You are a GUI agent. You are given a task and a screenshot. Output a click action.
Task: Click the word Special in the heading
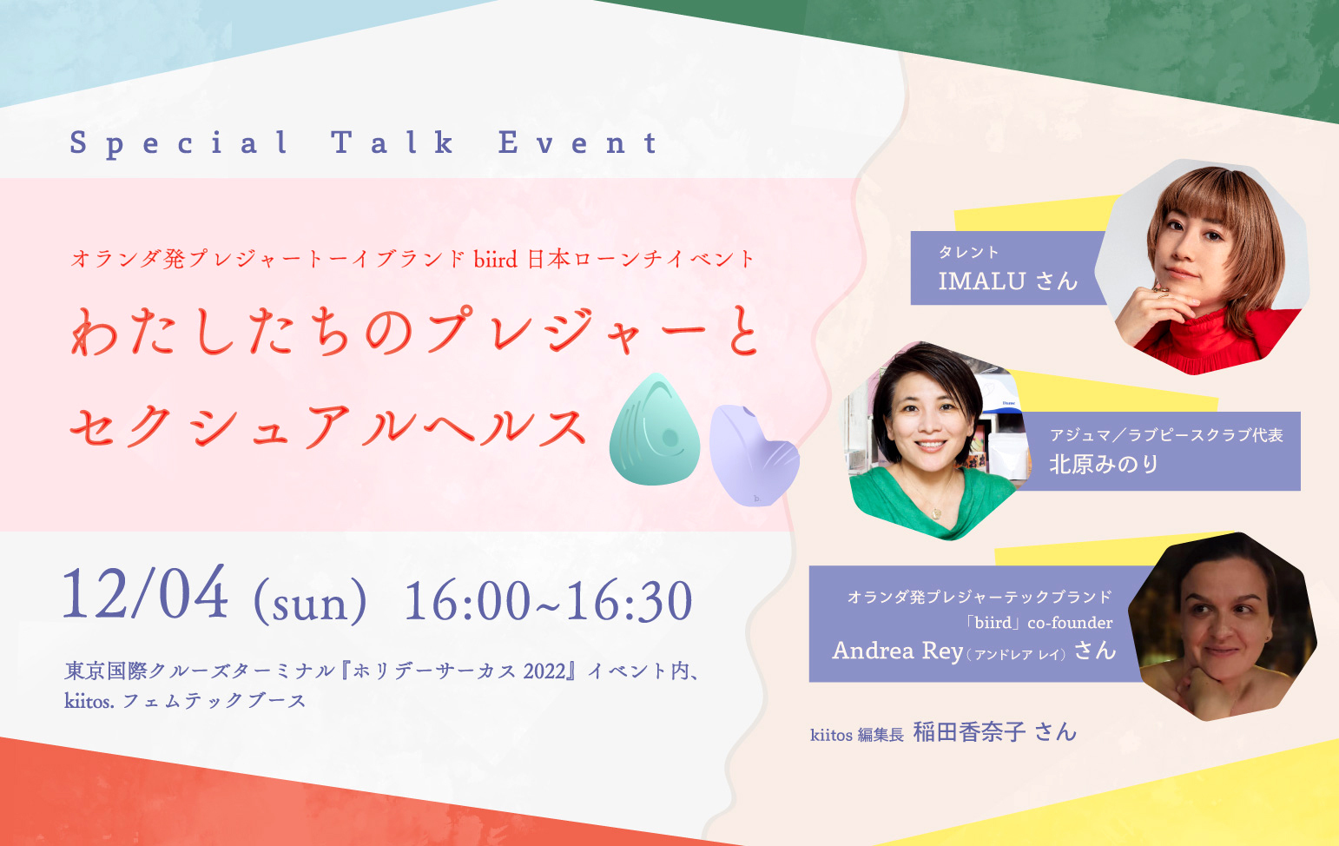tap(179, 142)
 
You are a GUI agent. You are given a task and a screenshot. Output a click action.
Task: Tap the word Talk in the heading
tap(392, 142)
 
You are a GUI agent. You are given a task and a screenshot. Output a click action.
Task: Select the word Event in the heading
tap(577, 142)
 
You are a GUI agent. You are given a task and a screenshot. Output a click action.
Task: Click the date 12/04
tap(145, 595)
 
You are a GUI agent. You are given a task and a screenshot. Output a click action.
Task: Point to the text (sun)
tap(310, 602)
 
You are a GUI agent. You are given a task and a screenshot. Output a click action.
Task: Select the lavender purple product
tap(752, 455)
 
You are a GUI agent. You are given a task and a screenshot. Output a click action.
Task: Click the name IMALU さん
tap(1007, 281)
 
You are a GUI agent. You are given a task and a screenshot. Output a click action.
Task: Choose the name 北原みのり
tap(1104, 465)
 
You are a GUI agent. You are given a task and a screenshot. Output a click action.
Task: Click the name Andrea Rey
tap(898, 651)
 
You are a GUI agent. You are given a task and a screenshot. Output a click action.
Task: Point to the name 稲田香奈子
tap(969, 732)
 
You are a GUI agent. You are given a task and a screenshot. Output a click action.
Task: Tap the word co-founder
tap(1070, 623)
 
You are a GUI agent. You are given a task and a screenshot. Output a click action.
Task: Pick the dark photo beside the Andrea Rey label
tap(1224, 625)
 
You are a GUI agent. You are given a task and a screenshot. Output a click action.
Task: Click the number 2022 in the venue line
tap(544, 671)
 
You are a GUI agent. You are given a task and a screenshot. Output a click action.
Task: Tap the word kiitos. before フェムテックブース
tap(89, 701)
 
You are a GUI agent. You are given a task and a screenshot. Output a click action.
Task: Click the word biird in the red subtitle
tap(495, 259)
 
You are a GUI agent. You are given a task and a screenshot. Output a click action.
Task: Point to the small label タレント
tap(968, 253)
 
